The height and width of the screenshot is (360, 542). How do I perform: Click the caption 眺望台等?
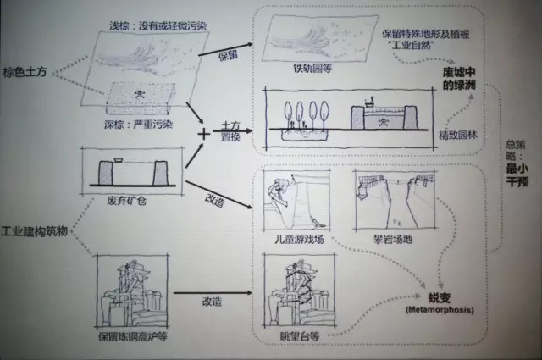click(x=301, y=336)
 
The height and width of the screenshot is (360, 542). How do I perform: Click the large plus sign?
click(x=203, y=133)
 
